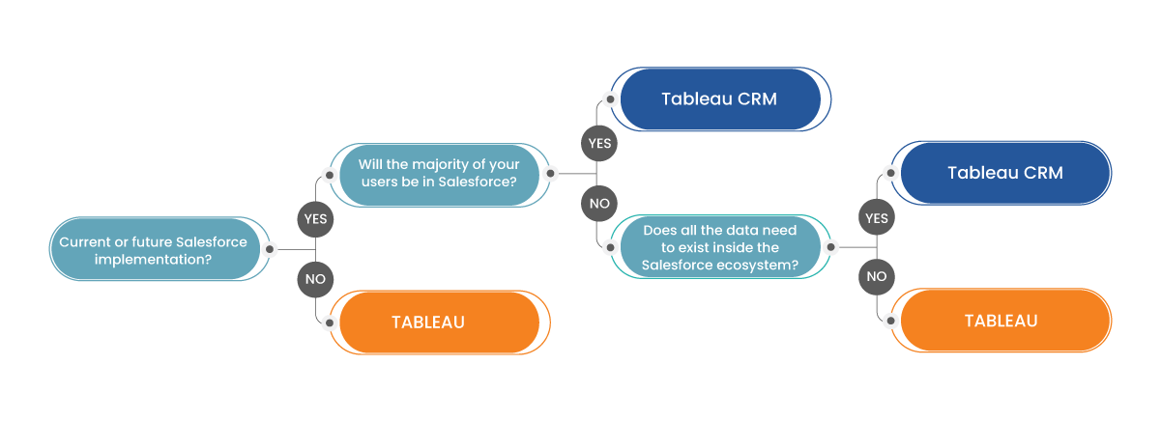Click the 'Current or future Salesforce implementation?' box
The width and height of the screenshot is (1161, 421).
coord(153,249)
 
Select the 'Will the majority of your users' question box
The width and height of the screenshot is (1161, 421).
coord(438,174)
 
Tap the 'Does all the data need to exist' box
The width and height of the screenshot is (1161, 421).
coord(719,247)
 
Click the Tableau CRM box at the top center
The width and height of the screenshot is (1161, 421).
coord(719,98)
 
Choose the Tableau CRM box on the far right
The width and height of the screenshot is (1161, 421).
coord(1004,173)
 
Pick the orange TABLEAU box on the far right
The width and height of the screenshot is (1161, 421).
coord(1001,321)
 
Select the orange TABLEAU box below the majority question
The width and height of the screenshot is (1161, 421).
coord(427,323)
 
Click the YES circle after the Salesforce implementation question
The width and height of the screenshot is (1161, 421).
coord(315,218)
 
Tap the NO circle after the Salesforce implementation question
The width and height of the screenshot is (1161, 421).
coord(315,280)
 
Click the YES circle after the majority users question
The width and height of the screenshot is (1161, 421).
coord(599,143)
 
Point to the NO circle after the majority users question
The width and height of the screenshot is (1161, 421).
coord(599,204)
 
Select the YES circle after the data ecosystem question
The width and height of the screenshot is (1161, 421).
coord(877,218)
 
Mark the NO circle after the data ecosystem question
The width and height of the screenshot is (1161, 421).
coord(877,276)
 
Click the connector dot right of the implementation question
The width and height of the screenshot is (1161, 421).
coord(270,249)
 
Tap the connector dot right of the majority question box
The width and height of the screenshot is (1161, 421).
coord(550,174)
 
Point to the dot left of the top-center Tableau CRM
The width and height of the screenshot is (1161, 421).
coord(610,98)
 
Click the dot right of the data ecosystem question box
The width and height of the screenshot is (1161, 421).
coord(829,247)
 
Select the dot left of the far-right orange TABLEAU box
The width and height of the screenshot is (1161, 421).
coord(890,321)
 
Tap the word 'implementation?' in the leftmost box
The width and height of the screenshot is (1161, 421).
coord(154,258)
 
